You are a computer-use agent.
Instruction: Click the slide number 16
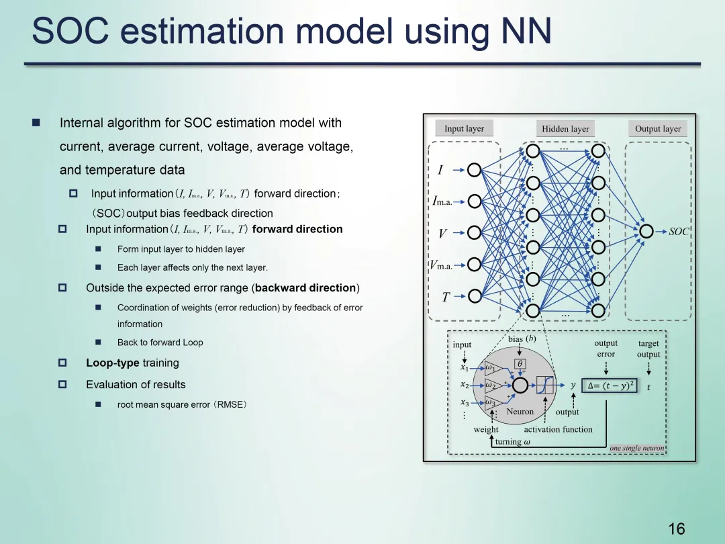coord(677,529)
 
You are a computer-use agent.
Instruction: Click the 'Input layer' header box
coord(464,128)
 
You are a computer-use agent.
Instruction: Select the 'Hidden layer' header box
coord(565,129)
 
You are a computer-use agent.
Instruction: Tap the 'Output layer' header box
coord(657,129)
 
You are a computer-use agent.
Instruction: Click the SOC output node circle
coord(646,232)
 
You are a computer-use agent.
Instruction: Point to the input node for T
coord(474,296)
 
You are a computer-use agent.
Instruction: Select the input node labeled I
coord(474,170)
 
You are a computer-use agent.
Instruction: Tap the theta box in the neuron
coord(520,363)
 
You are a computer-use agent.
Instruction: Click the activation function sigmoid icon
coord(545,386)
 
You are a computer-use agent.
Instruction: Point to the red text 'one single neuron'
coord(636,448)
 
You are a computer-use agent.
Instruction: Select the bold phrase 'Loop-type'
coord(113,363)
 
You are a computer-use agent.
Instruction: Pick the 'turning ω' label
coord(512,441)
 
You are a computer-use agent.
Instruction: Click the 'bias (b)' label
coord(522,339)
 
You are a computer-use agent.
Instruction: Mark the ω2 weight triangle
coord(492,386)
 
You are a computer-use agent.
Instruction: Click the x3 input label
coord(465,402)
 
